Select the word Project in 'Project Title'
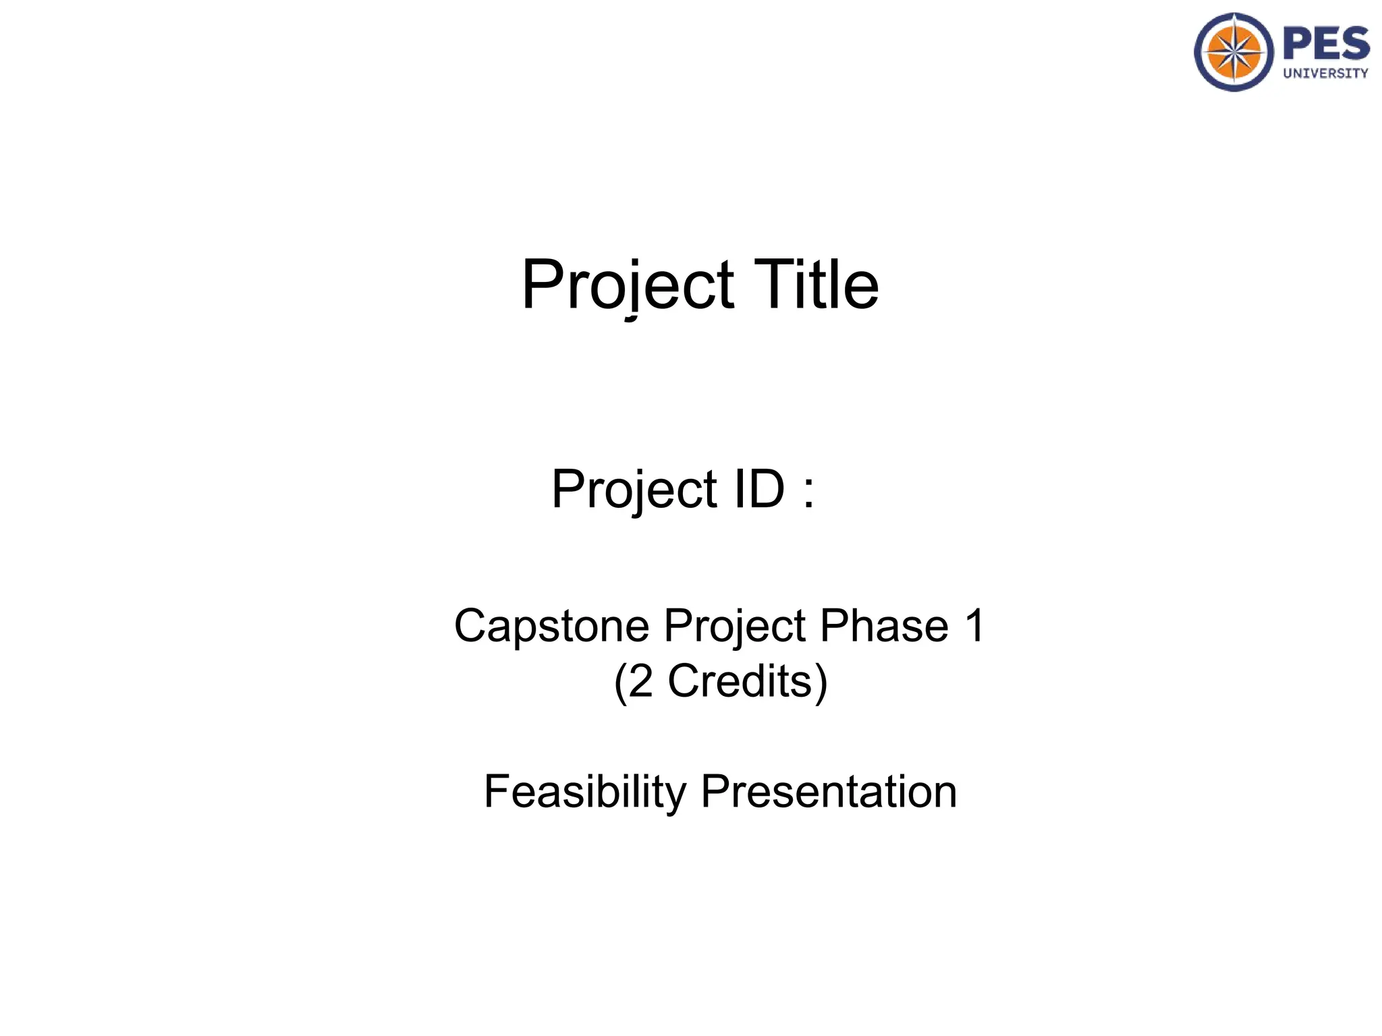point(628,286)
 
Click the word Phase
point(884,626)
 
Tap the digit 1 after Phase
point(974,625)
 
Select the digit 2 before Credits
point(641,681)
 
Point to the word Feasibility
point(584,792)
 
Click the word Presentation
point(829,792)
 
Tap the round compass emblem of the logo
point(1234,52)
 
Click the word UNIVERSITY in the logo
point(1325,74)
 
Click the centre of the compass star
point(1234,52)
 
